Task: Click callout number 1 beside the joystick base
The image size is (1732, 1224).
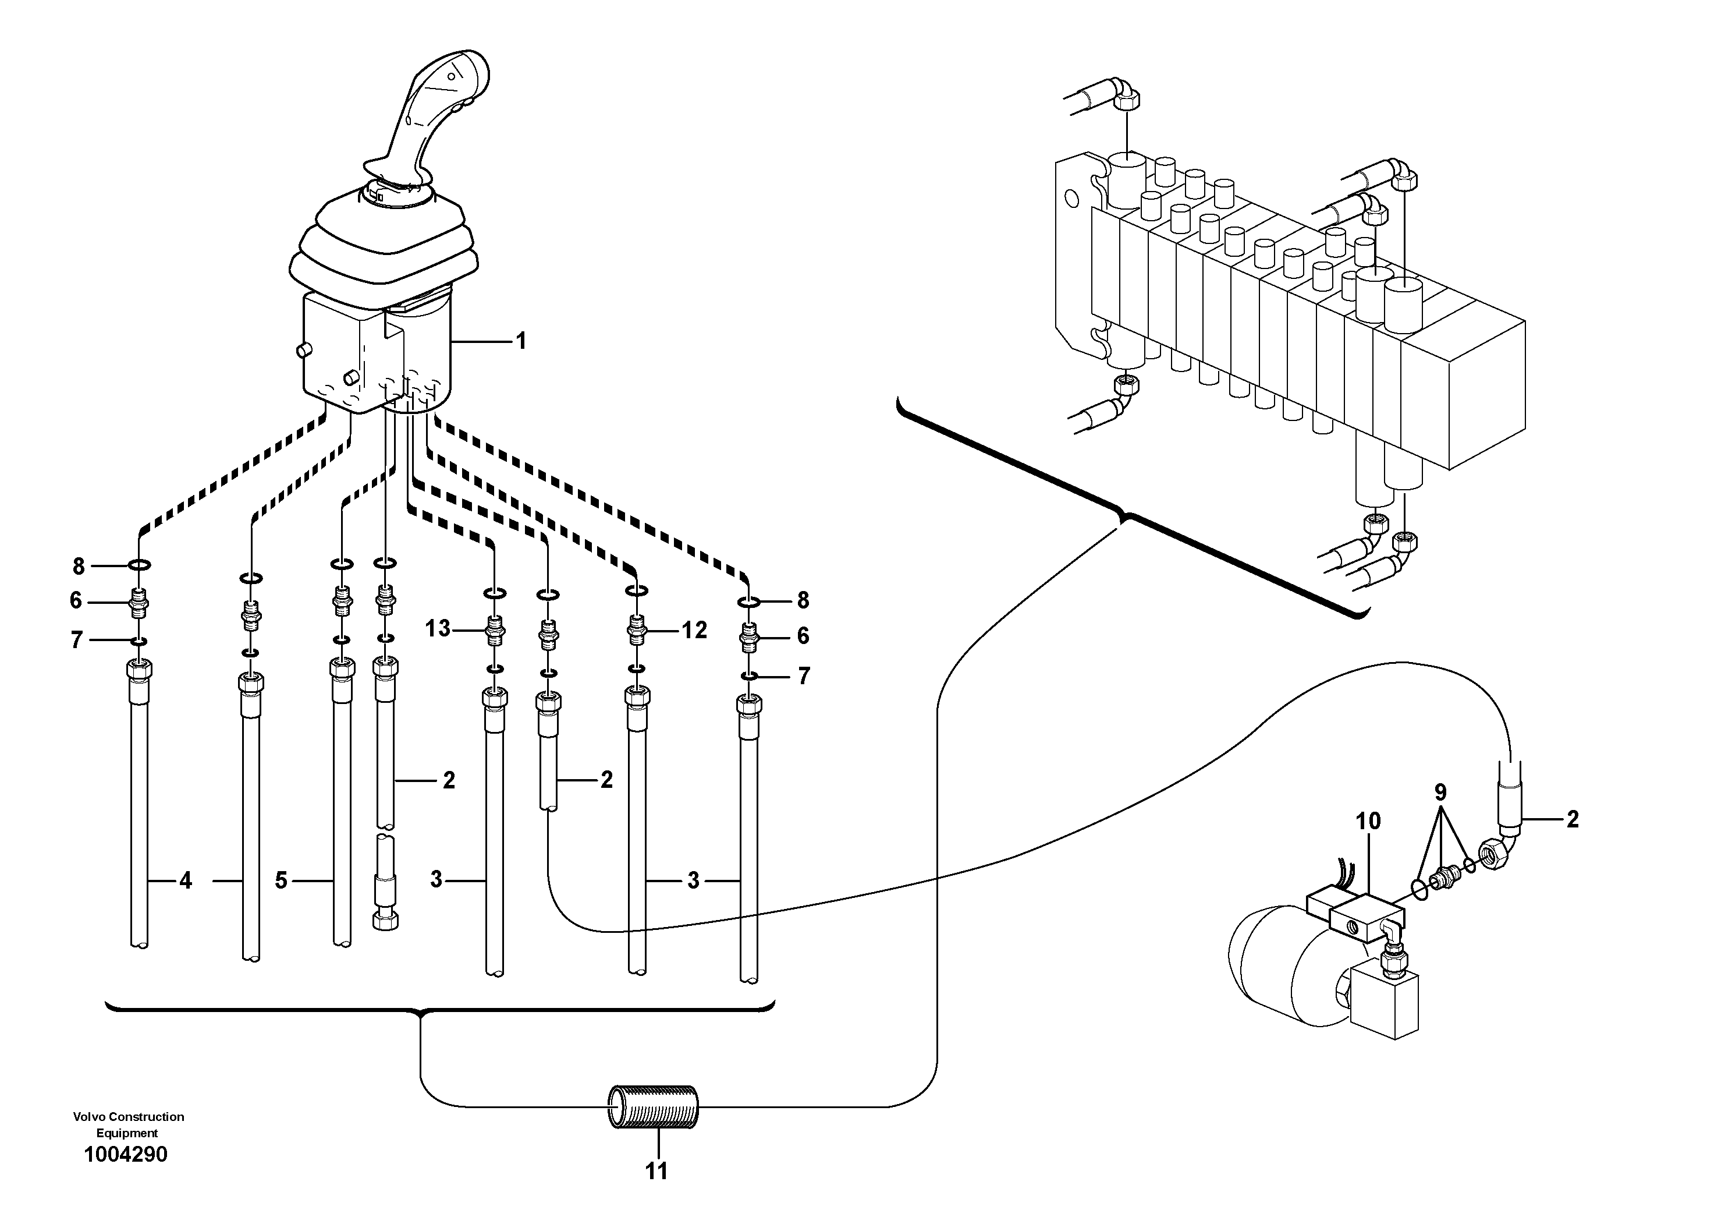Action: (520, 342)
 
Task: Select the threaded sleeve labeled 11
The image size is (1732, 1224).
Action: (653, 1106)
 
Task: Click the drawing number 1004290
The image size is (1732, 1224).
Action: (126, 1155)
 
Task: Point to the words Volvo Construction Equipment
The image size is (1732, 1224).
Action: (128, 1124)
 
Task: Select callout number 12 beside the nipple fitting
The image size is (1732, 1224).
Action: (695, 630)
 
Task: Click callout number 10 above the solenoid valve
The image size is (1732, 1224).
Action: (1368, 821)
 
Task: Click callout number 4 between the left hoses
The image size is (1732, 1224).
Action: (186, 880)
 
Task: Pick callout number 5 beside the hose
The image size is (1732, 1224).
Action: (281, 880)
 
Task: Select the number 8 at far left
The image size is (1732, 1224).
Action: (79, 565)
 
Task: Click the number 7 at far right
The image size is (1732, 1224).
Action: (803, 676)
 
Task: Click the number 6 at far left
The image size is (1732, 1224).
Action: (76, 601)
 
